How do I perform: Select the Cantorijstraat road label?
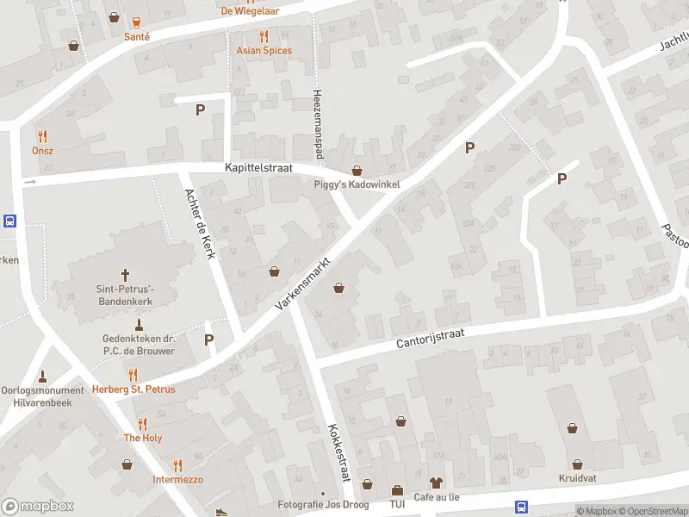pos(436,336)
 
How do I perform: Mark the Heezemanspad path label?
pos(317,117)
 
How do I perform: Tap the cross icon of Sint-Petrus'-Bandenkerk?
pos(125,275)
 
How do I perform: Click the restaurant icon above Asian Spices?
pos(264,36)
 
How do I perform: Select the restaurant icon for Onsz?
pos(42,136)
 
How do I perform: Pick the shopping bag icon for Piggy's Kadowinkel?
pos(357,171)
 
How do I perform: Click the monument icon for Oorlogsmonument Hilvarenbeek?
pos(43,376)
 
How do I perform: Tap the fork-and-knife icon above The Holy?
pos(142,424)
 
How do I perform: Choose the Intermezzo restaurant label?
pos(177,479)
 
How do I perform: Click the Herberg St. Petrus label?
pos(133,389)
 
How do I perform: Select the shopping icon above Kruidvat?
pos(573,427)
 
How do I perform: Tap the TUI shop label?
pos(397,504)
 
